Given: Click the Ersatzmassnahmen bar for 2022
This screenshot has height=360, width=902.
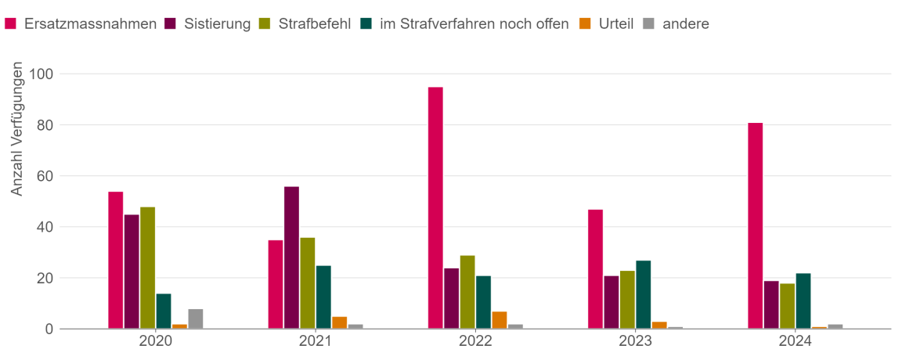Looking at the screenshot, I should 435,208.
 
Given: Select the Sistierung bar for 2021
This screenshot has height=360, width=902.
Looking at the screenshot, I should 291,257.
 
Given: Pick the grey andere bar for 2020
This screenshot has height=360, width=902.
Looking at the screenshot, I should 196,319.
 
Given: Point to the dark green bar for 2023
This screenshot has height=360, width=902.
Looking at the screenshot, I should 643,294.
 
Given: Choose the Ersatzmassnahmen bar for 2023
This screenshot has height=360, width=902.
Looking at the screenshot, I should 595,269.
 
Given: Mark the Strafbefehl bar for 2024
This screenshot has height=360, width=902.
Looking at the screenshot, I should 787,306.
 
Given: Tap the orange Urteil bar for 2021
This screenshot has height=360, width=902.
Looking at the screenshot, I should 339,322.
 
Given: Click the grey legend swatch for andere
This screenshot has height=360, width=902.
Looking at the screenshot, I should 648,23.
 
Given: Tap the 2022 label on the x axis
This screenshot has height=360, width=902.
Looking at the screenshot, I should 475,342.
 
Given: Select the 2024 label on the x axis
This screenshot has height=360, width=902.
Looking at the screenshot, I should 795,342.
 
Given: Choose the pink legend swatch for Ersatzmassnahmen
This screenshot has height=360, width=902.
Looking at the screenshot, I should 11,23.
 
